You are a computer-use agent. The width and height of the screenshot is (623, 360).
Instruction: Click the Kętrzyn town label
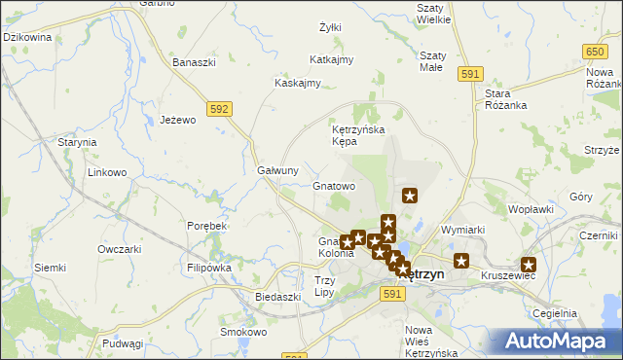(x=422, y=274)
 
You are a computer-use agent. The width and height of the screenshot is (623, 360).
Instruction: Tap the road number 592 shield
(x=219, y=109)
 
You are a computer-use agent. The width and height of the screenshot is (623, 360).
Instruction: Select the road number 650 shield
(x=597, y=50)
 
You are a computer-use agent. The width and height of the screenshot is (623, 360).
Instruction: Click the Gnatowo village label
(x=334, y=185)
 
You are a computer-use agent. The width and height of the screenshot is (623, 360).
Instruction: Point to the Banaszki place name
(x=193, y=62)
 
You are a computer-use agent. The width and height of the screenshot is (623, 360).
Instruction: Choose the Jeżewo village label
(x=178, y=120)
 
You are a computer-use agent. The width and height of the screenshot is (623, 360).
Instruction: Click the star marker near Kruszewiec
(x=529, y=264)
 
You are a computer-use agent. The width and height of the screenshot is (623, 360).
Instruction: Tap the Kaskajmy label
(x=298, y=83)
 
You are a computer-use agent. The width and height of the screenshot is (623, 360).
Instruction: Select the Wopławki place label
(x=531, y=208)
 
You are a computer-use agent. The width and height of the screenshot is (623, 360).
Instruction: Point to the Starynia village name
(x=77, y=142)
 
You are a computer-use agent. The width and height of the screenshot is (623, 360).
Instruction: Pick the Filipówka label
(x=208, y=267)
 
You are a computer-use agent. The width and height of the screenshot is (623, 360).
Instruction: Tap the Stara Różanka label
(x=505, y=99)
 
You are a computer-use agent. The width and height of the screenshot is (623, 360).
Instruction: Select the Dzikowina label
(x=27, y=37)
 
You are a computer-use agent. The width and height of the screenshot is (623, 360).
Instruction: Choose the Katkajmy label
(x=331, y=60)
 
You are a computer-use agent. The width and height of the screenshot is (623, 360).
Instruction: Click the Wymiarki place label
(x=462, y=230)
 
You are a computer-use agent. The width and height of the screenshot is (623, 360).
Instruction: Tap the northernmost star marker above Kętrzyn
(x=410, y=196)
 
